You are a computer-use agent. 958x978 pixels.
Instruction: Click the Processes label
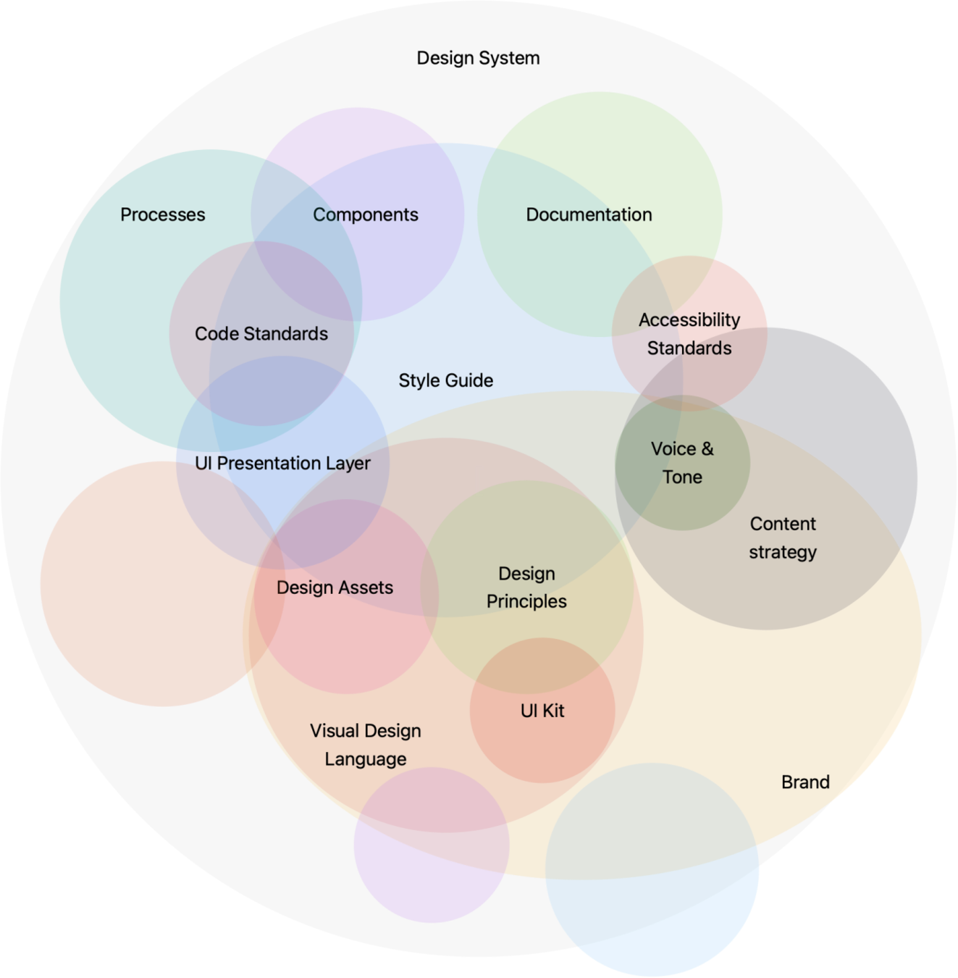(x=163, y=215)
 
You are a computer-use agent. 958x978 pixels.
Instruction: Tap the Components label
(x=366, y=215)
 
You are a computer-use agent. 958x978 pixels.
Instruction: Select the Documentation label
(x=589, y=215)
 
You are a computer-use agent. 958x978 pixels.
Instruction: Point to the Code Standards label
(x=261, y=334)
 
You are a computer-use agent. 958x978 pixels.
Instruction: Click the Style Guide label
(x=446, y=381)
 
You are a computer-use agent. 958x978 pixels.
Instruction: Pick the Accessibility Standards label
(x=689, y=334)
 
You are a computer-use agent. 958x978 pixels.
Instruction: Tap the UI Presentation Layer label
(x=282, y=464)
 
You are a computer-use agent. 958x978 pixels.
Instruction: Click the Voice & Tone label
(x=682, y=463)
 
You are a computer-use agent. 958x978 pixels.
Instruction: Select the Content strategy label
(x=783, y=538)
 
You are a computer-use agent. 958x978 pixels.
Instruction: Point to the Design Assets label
(x=335, y=588)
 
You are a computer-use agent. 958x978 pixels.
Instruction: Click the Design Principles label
(x=526, y=588)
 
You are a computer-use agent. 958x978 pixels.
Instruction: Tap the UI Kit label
(x=542, y=711)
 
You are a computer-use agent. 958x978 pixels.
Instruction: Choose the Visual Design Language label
(x=366, y=745)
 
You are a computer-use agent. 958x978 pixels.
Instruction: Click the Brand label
(x=805, y=782)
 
